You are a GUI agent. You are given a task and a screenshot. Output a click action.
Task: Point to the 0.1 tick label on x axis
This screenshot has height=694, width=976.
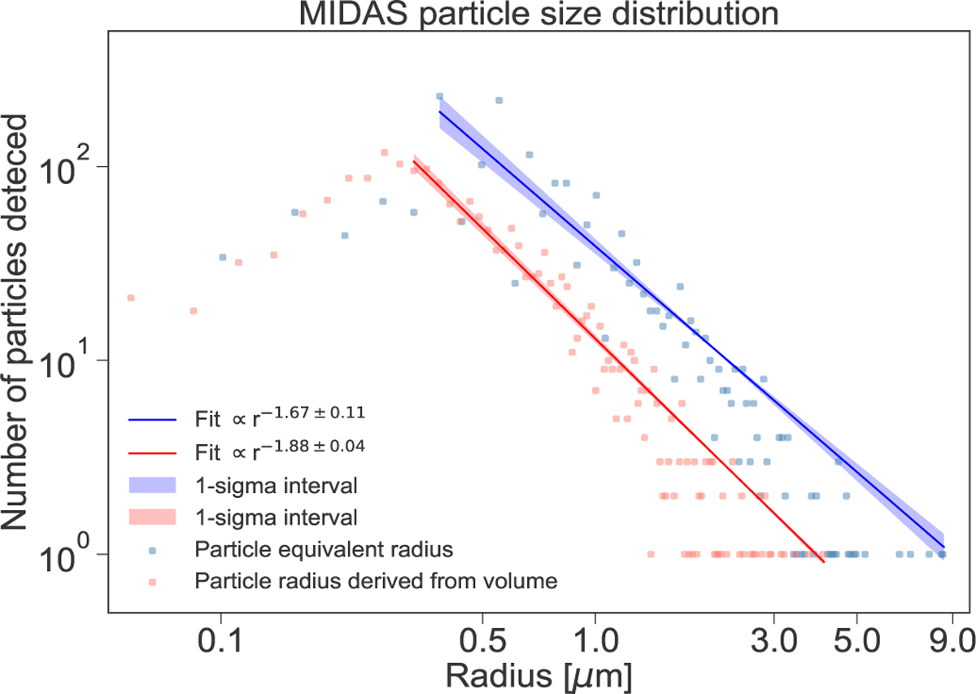(x=221, y=639)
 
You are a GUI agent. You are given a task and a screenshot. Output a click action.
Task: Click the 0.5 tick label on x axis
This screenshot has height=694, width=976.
(x=482, y=639)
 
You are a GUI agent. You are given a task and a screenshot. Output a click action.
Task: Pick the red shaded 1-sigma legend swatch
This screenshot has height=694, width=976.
(x=152, y=517)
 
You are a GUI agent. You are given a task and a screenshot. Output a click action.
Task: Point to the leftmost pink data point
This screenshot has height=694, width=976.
(x=130, y=298)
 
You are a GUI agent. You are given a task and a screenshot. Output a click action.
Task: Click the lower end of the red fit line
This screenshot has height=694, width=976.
(x=823, y=561)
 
